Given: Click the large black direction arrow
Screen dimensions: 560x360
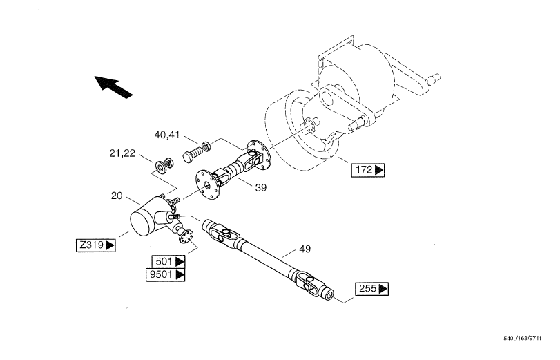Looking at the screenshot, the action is point(113,87).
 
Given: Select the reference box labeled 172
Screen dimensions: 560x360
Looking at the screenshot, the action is point(368,170).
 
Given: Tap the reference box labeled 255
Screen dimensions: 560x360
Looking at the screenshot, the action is point(371,289).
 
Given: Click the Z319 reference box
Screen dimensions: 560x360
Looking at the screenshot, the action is point(96,245).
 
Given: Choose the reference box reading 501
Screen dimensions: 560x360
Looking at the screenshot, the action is point(168,262).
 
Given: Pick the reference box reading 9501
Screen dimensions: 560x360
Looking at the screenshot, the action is point(165,275).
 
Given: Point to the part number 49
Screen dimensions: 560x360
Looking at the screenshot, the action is point(305,249).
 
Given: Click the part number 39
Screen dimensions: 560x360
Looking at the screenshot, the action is point(261,188).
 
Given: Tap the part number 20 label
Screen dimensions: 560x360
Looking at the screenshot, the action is point(117,196).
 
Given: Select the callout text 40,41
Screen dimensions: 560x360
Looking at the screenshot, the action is point(167,135).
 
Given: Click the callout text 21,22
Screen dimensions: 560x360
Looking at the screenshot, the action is point(122,153).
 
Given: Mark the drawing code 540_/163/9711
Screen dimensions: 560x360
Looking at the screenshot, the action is point(523,338).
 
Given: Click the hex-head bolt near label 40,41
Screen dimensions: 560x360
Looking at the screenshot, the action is point(193,153).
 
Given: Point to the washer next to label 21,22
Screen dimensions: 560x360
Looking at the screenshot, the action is point(160,167).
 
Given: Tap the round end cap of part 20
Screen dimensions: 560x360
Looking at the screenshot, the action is point(142,223).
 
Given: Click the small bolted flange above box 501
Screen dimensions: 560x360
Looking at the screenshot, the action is point(186,237).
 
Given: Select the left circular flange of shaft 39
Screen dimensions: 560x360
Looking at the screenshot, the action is point(206,184).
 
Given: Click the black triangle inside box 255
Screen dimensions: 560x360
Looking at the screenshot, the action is point(383,289).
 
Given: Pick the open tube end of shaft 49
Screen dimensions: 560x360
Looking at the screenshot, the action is point(329,294).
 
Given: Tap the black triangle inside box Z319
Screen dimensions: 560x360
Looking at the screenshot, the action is point(110,245).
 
